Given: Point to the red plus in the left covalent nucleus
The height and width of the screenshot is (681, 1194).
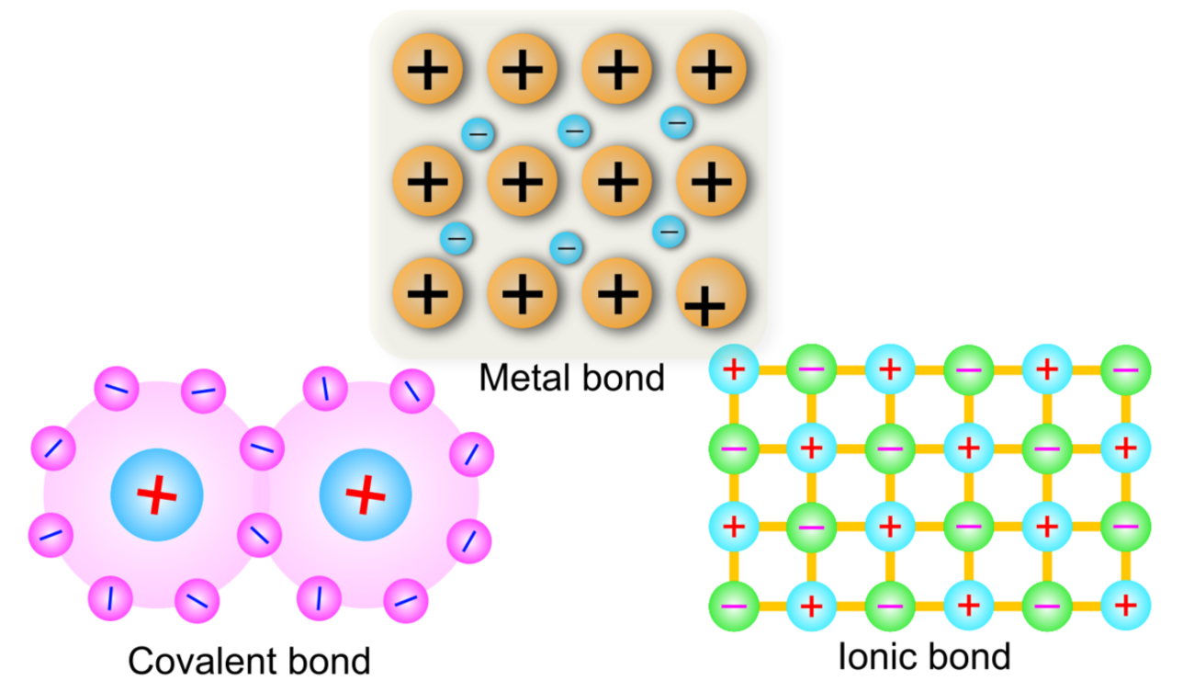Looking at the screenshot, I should [157, 496].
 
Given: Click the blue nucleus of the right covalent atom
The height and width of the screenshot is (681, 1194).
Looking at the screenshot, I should [366, 496].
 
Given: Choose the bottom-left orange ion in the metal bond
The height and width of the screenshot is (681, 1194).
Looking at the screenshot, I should [428, 294].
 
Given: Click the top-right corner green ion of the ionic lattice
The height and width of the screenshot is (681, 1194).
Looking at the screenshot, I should [1125, 369].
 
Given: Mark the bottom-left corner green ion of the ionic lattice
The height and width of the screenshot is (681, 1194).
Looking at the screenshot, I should [734, 607].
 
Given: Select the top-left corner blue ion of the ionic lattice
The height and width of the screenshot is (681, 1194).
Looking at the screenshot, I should [734, 369].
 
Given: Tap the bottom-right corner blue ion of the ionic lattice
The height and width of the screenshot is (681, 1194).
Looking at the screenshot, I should [1125, 607].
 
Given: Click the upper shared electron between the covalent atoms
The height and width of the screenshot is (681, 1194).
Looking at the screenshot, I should [263, 449].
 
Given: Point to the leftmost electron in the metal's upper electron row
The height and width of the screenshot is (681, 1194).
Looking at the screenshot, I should [479, 134].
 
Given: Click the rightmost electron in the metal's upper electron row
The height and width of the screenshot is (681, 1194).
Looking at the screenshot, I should [677, 120].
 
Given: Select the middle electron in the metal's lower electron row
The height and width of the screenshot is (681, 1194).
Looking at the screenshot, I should [566, 247].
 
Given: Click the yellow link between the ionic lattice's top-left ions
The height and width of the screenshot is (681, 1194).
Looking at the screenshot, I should [772, 369].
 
